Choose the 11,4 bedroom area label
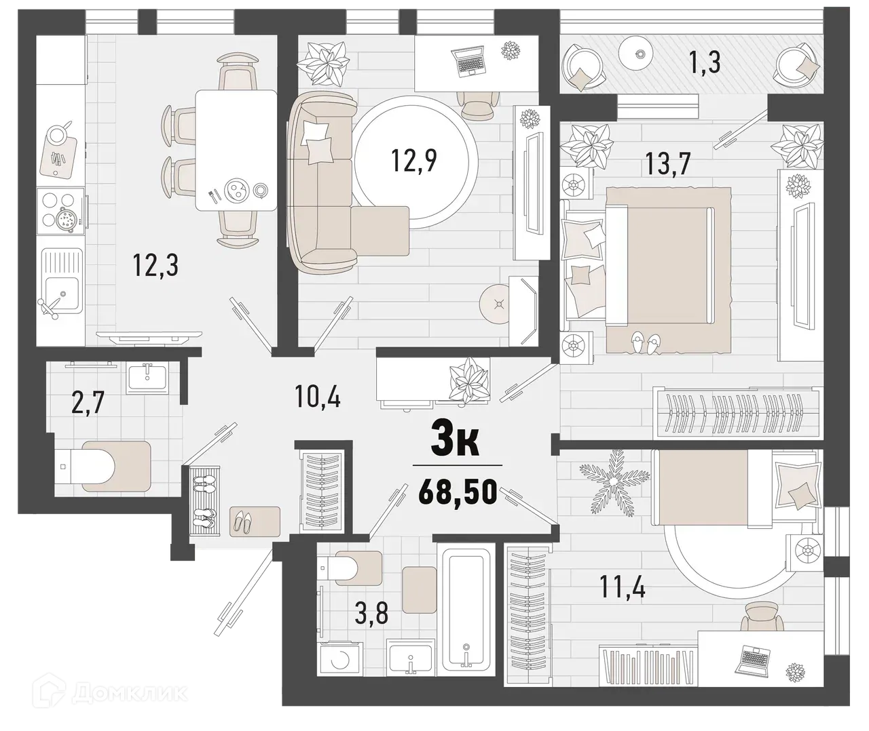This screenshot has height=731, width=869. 623,585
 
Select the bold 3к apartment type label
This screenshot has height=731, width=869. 456,442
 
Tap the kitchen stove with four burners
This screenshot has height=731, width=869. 62,212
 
